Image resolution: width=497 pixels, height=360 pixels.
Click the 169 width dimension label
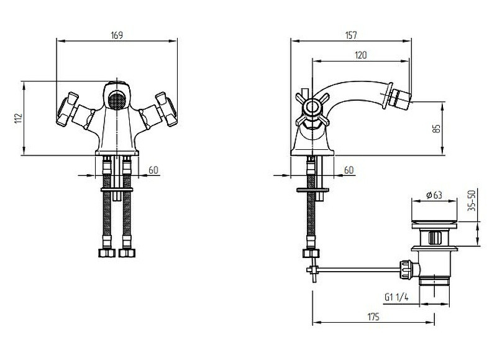point(117,35)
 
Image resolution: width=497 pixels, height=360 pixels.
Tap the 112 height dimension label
point(19,118)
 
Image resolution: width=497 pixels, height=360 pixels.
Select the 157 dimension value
point(351,35)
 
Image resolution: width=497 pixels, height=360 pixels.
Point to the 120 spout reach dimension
point(361,55)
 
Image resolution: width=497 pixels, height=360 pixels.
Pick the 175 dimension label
point(373,317)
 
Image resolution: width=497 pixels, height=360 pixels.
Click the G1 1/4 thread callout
point(396,297)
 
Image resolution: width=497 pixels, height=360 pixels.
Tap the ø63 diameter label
point(434,195)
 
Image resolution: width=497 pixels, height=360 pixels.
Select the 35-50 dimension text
point(472,200)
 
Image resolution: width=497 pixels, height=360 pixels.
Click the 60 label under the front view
point(153,170)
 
